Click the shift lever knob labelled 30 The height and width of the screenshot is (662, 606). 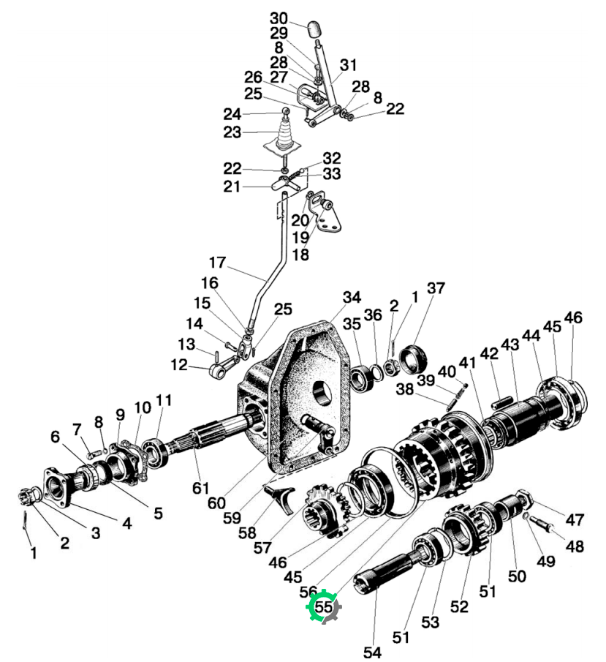(315, 29)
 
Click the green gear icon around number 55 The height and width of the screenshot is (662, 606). (323, 606)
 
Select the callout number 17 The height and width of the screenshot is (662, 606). (217, 262)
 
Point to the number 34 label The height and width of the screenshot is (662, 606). (352, 297)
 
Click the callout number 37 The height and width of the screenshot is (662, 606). (436, 288)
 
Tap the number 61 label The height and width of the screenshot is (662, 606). (201, 488)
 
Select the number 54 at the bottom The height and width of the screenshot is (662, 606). (372, 652)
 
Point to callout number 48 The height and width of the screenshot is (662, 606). (575, 546)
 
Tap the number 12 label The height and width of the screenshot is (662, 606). (179, 364)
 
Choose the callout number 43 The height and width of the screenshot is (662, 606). (510, 345)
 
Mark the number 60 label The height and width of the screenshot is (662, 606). (216, 503)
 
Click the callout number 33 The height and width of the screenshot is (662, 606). (332, 173)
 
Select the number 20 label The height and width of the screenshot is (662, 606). (300, 220)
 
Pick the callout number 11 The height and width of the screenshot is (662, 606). (164, 400)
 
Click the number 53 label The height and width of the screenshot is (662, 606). (430, 622)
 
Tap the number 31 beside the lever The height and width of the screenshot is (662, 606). (349, 65)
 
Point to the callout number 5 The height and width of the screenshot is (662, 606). (158, 514)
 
